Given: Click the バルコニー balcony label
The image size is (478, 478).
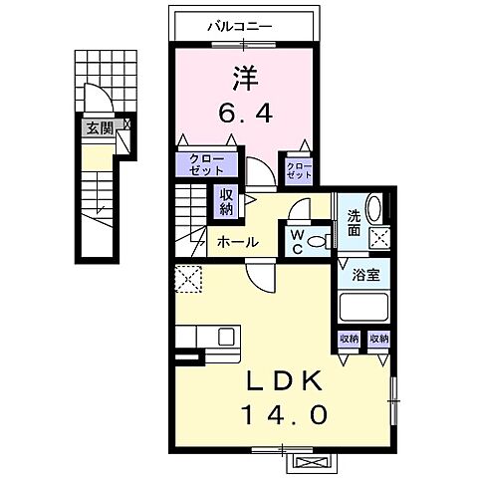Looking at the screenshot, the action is point(240,27).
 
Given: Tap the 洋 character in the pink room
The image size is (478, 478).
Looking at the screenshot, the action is point(245,79).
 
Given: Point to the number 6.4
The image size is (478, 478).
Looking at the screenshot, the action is point(245,113).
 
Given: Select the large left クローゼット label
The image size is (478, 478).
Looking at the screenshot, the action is point(206,164).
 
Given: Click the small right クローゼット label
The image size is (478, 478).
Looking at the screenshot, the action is point(300,170).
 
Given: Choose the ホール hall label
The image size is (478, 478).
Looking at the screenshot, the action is point(238,242).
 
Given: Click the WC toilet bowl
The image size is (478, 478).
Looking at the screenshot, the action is point(318,241).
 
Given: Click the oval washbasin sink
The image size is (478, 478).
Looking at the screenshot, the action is point(374,208).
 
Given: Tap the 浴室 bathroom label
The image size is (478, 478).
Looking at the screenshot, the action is point(365,275).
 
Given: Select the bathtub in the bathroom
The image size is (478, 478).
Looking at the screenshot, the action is point(363,307).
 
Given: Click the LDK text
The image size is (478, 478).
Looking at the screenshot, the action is point(283,380).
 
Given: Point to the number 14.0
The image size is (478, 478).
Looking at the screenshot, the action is point(285,415).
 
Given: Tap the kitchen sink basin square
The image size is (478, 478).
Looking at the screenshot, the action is point(226,336).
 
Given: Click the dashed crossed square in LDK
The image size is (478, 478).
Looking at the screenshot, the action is point(188,279).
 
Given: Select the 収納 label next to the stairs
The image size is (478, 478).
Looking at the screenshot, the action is point(226,201).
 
